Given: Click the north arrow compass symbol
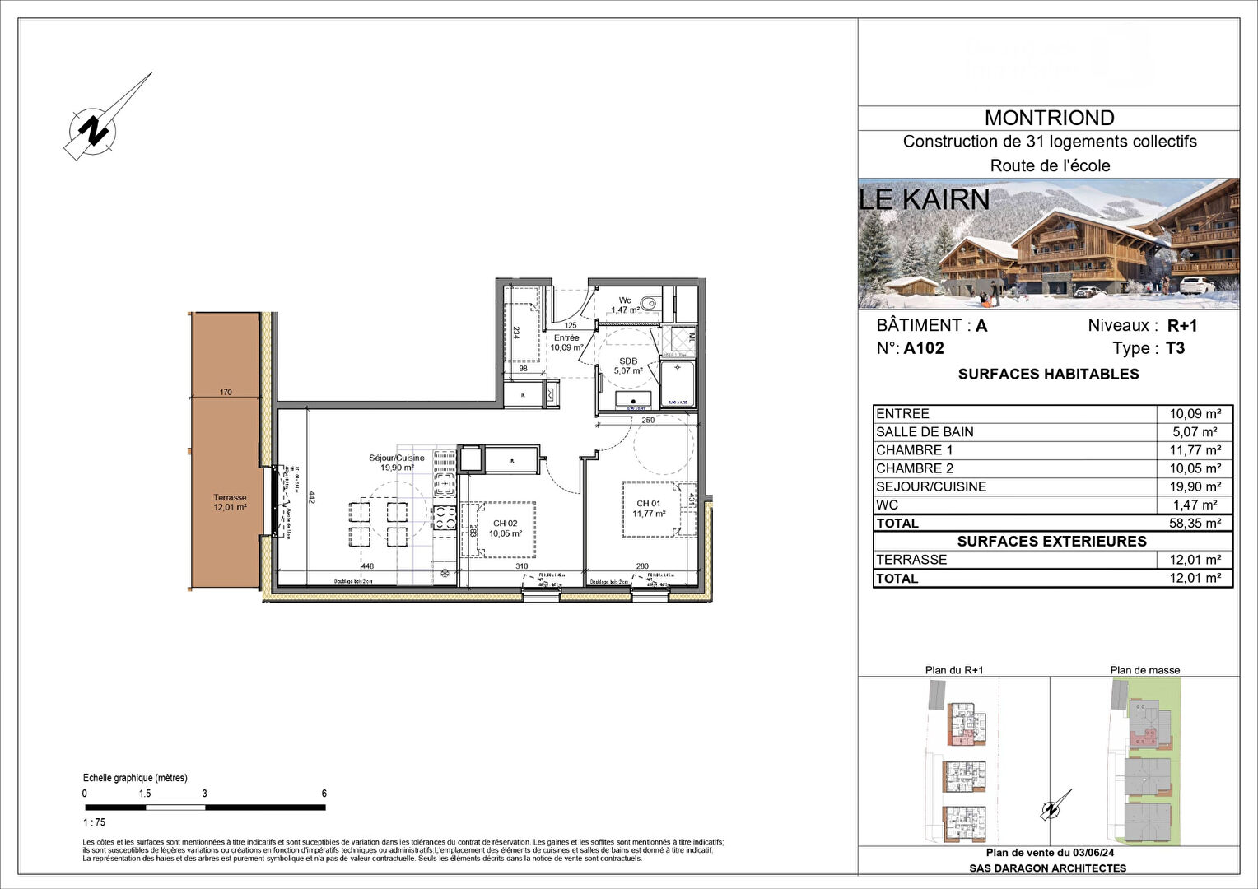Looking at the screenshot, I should point(97,129).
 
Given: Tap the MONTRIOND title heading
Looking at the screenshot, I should point(1049,118).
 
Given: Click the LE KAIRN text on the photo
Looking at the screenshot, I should point(924,199).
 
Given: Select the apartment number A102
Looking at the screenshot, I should point(923,348).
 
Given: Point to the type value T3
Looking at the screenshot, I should point(1175,348).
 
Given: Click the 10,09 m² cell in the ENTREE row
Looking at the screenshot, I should point(1195,414).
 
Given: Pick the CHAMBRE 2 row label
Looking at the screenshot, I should point(914,468).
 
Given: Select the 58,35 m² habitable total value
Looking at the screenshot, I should point(1195,523).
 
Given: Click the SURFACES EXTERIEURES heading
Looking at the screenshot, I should point(1051,541).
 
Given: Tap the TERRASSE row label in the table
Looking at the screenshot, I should point(911,560).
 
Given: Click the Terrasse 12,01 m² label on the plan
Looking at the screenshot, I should point(230,502).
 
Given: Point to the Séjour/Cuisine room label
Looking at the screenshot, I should point(397,463).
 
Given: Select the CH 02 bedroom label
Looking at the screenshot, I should point(505,528).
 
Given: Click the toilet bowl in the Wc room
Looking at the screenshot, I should point(651,303).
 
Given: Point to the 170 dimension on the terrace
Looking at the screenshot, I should point(226,393).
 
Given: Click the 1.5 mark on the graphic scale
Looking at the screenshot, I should point(145,794).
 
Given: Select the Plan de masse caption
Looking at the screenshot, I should point(1144,670).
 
